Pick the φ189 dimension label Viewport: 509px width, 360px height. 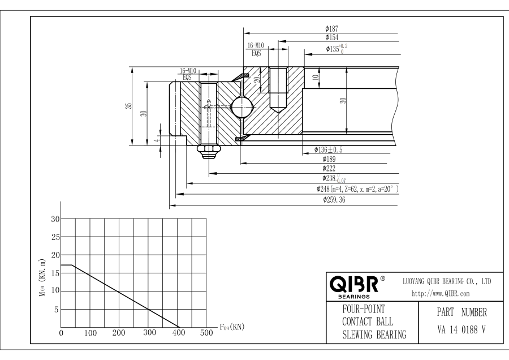click(x=329, y=159)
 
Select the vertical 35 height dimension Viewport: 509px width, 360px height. click(x=129, y=106)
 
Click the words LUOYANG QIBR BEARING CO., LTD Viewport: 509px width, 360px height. click(x=446, y=281)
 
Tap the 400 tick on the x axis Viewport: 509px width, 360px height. click(x=178, y=333)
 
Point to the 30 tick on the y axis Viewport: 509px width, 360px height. click(x=55, y=220)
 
